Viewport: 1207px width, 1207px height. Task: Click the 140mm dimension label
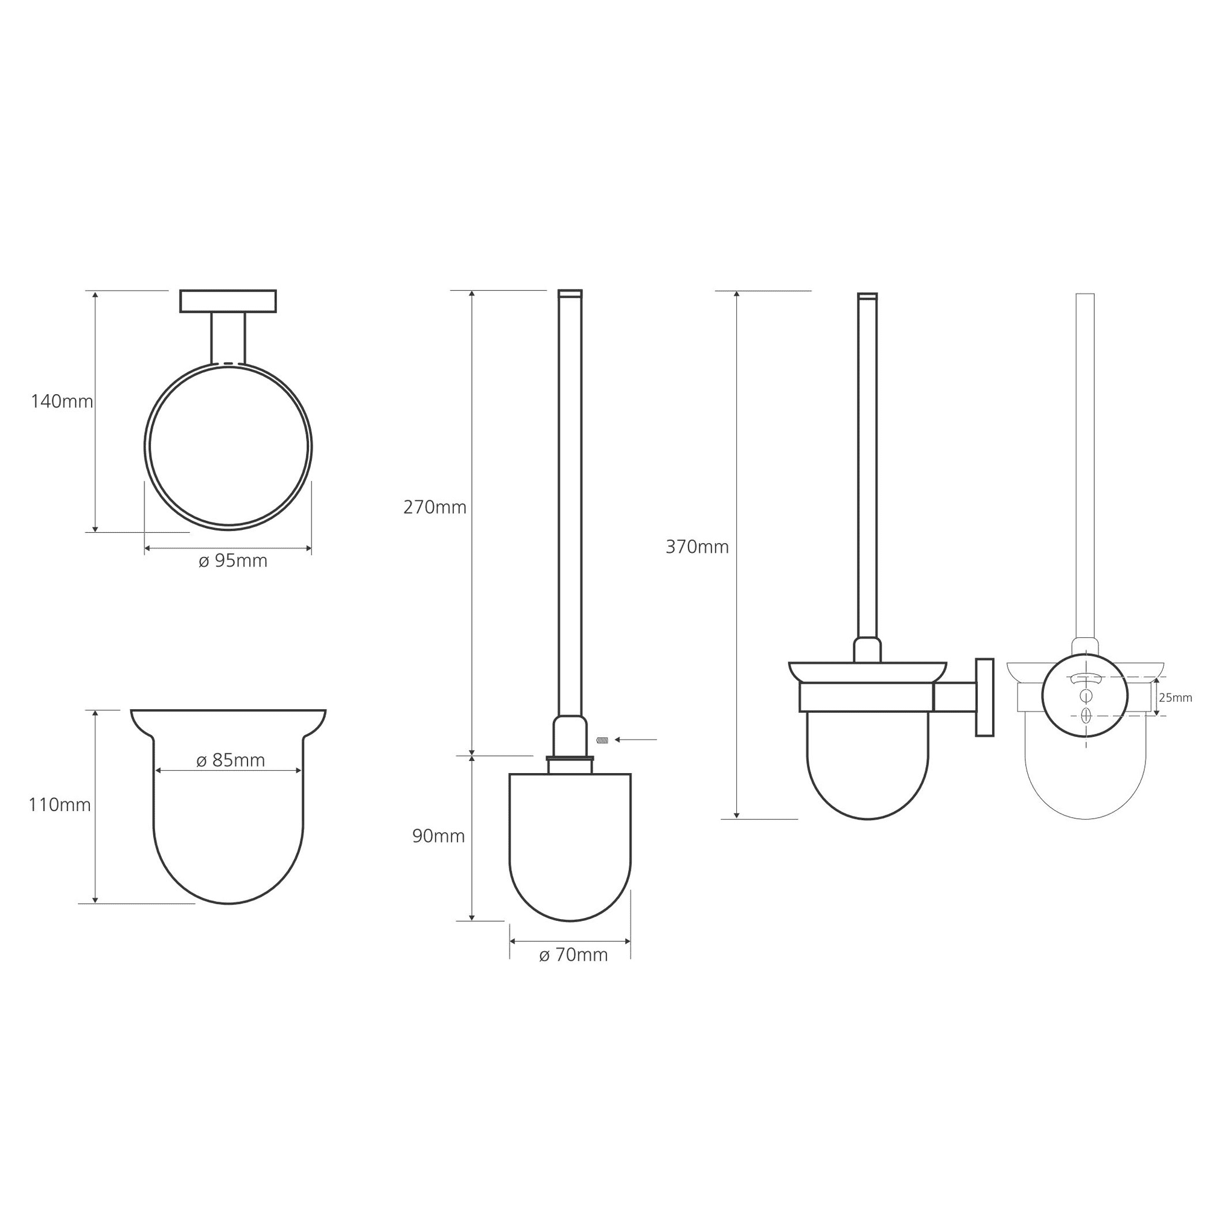click(62, 402)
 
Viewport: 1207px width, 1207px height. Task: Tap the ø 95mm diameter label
click(233, 561)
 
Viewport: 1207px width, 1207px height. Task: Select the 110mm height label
click(60, 805)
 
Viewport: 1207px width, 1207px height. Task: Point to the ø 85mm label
click(231, 760)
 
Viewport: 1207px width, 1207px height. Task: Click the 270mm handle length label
click(435, 508)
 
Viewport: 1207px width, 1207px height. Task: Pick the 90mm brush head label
click(439, 836)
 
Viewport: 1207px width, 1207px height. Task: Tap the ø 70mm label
click(573, 955)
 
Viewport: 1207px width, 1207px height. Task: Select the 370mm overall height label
click(697, 547)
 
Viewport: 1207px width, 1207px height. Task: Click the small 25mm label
click(1176, 698)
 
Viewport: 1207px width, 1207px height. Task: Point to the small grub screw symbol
click(602, 740)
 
